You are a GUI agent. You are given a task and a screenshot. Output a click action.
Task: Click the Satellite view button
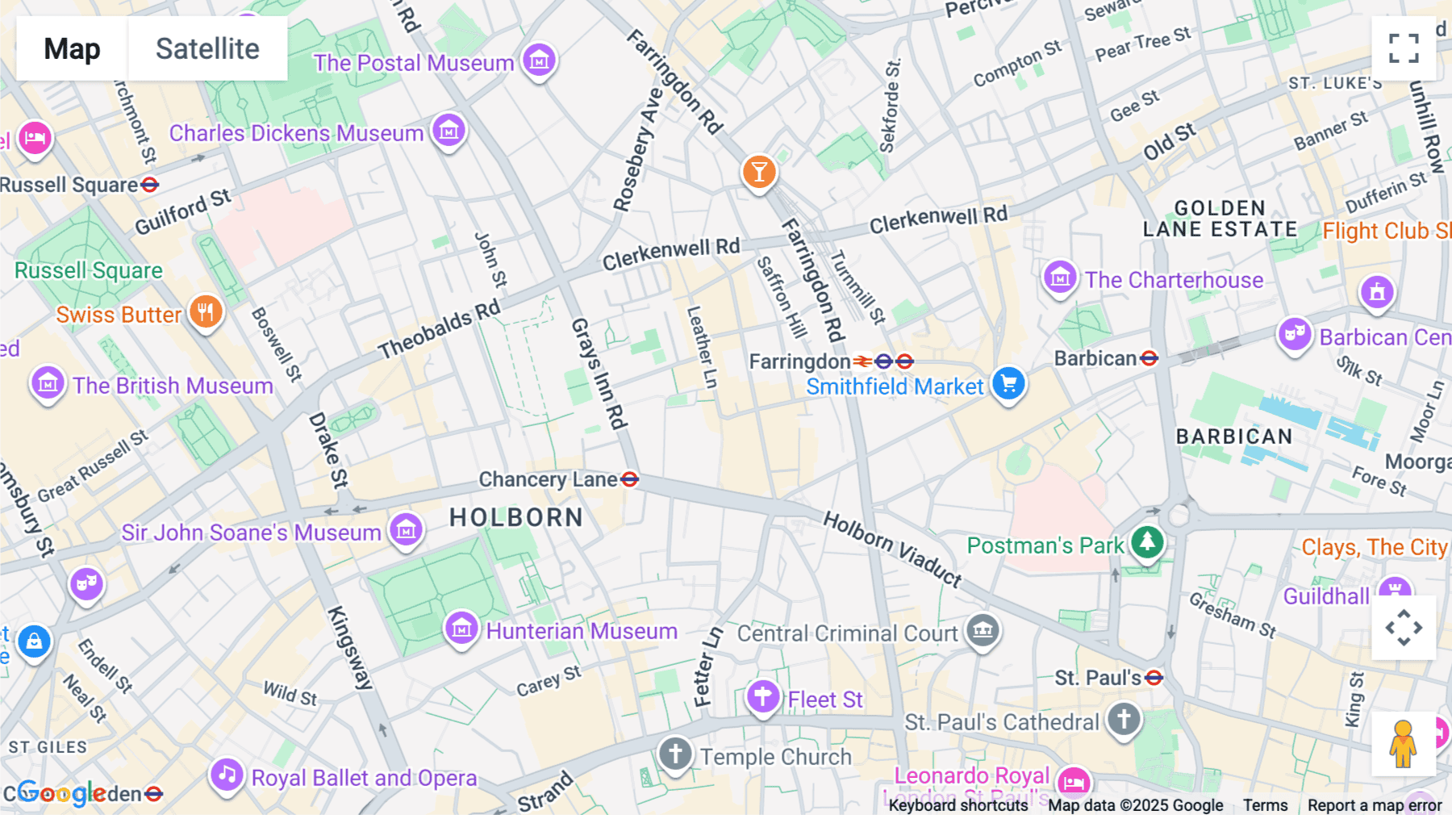[x=207, y=48]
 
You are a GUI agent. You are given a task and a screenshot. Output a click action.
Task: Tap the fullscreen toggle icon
[x=1404, y=48]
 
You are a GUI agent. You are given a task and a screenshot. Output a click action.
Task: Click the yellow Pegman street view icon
[x=1403, y=744]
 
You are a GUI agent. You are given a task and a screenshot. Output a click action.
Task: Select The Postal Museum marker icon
[x=539, y=60]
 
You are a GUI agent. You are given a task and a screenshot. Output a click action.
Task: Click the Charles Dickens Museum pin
[x=449, y=130]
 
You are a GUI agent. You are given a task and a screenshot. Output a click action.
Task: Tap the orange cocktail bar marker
[x=758, y=172]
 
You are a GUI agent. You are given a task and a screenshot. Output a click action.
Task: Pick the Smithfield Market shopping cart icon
[x=1008, y=383]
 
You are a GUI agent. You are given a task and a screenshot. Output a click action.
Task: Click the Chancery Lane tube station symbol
[x=630, y=479]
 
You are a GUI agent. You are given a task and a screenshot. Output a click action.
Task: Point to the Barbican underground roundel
[x=1149, y=358]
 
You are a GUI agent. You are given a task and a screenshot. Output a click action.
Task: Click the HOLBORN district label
[x=516, y=517]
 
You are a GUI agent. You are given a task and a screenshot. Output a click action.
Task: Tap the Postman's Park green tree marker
[x=1147, y=542]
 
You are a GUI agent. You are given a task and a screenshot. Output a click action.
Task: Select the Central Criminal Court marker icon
[x=982, y=629]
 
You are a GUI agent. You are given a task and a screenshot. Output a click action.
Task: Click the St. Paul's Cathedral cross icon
[x=1123, y=718]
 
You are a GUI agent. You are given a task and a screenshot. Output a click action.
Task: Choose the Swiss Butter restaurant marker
[x=206, y=311]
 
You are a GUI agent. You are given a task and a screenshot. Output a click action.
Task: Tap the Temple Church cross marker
[x=675, y=754]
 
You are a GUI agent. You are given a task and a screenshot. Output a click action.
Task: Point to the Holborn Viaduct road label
[x=892, y=549]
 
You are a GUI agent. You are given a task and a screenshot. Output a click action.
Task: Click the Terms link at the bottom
[x=1265, y=805]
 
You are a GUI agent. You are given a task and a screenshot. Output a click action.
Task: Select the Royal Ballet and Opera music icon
[x=227, y=775]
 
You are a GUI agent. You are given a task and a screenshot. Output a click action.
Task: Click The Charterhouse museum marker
[x=1059, y=278]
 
